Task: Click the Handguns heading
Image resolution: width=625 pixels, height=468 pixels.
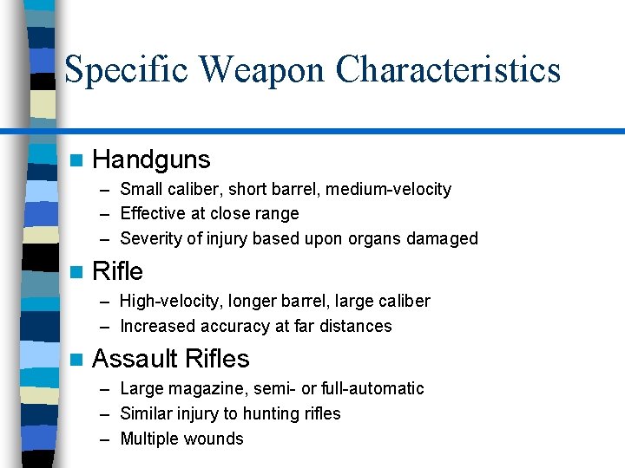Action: coord(151,159)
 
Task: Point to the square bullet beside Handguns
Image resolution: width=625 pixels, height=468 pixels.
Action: coord(76,160)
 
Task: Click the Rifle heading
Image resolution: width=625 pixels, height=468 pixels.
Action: coord(117,272)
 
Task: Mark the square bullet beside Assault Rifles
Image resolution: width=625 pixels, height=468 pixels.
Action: coord(76,360)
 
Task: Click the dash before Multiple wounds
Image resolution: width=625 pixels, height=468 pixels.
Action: coord(104,439)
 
